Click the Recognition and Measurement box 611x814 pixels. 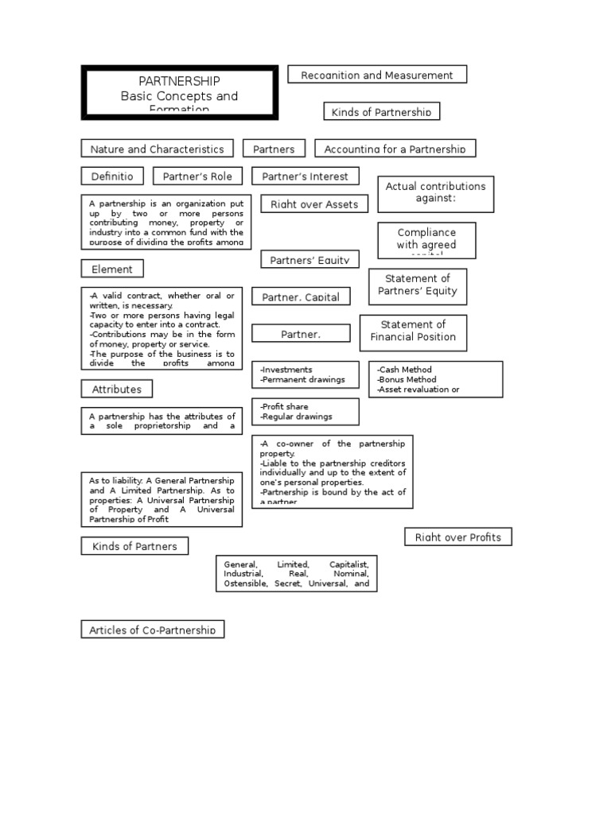coord(376,75)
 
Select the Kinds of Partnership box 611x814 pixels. coord(381,111)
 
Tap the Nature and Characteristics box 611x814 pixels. coord(157,149)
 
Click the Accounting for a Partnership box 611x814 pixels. coord(395,149)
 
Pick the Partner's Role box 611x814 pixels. coord(197,176)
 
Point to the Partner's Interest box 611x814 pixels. coord(305,176)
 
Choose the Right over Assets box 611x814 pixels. coord(314,204)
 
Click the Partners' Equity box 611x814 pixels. coord(309,259)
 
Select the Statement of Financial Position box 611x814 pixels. coord(413,331)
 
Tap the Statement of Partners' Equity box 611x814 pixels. coord(418,285)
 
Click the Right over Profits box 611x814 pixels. coord(458,537)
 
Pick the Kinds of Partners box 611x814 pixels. coord(134,546)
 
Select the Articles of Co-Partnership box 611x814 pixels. coord(153,630)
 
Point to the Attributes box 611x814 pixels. coord(117,390)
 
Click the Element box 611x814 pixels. coord(112,269)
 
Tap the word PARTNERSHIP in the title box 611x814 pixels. coord(179,81)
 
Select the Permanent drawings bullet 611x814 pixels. coord(305,380)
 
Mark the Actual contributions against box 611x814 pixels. coord(435,192)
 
